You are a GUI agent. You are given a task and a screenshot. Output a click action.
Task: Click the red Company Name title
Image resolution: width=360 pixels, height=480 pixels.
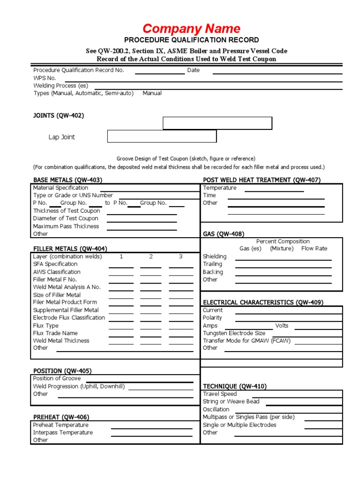coord(191,29)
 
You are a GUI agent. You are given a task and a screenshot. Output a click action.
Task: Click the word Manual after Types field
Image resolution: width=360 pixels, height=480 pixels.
coord(152,93)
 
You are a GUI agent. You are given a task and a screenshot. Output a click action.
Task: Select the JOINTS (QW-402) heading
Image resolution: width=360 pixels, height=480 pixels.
coord(59,116)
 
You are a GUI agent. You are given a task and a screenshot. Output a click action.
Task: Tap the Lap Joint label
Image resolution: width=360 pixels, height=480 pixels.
coord(61,137)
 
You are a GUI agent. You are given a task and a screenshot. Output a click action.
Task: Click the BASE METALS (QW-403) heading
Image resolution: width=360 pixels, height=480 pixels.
coord(67,180)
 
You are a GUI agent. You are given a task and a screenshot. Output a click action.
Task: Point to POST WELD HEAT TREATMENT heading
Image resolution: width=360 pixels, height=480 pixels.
coord(261,180)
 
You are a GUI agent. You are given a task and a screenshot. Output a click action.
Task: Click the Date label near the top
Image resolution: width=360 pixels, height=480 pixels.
coord(193,70)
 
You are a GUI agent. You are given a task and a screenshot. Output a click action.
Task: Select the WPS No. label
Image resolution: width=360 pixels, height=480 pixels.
coord(45,78)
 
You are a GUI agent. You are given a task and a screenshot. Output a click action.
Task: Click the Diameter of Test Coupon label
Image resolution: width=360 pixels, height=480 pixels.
coord(66,218)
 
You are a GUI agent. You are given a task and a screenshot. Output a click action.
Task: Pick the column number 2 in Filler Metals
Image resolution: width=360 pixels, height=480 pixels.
coord(151,256)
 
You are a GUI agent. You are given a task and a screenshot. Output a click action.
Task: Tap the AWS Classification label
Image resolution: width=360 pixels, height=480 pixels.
coord(56,272)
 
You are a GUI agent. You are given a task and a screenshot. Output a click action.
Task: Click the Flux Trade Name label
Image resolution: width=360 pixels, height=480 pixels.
coord(56,333)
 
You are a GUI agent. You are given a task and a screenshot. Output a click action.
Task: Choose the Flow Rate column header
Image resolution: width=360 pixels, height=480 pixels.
coord(314,248)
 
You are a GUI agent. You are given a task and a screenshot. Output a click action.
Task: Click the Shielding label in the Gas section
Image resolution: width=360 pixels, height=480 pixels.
coord(214,256)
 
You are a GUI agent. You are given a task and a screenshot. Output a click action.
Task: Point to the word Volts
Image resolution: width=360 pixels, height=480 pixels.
coord(282,325)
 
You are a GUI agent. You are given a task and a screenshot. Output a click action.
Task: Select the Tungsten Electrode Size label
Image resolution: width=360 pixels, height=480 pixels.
coord(234,333)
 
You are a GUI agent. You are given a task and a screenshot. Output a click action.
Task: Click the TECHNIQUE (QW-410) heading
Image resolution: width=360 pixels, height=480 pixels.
coord(234,386)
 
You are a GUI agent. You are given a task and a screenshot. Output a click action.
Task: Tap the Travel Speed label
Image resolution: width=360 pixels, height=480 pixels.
coord(219,394)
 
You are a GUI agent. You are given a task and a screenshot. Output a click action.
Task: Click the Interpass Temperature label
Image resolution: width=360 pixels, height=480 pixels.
coord(63,433)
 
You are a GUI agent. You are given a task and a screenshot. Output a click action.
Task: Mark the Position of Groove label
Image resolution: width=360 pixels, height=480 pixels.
coord(57,378)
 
